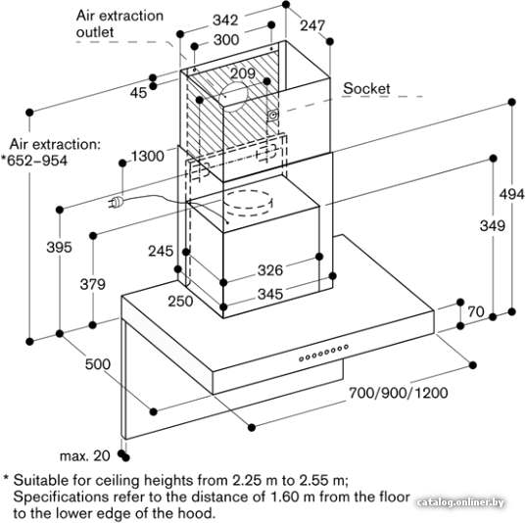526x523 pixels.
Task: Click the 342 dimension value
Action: (225, 21)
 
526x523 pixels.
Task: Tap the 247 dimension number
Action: (312, 25)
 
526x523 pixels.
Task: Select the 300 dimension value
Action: (226, 40)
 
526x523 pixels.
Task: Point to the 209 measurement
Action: (243, 73)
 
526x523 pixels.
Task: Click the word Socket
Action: (366, 88)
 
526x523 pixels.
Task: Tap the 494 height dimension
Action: (512, 194)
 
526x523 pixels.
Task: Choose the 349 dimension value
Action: (493, 226)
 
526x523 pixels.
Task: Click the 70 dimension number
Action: (476, 312)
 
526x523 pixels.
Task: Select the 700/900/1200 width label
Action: (399, 393)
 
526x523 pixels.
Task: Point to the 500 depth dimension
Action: (98, 364)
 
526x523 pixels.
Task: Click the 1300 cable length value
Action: (148, 157)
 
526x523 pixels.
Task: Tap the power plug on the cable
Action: (115, 203)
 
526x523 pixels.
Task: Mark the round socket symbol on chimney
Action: (273, 116)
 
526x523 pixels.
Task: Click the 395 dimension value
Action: (60, 248)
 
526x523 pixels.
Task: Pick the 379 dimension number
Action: (93, 284)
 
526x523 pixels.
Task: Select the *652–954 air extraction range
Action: (34, 161)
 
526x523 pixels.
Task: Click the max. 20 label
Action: (85, 455)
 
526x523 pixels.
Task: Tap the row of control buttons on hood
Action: (323, 353)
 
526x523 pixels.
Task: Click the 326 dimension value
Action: (270, 270)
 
